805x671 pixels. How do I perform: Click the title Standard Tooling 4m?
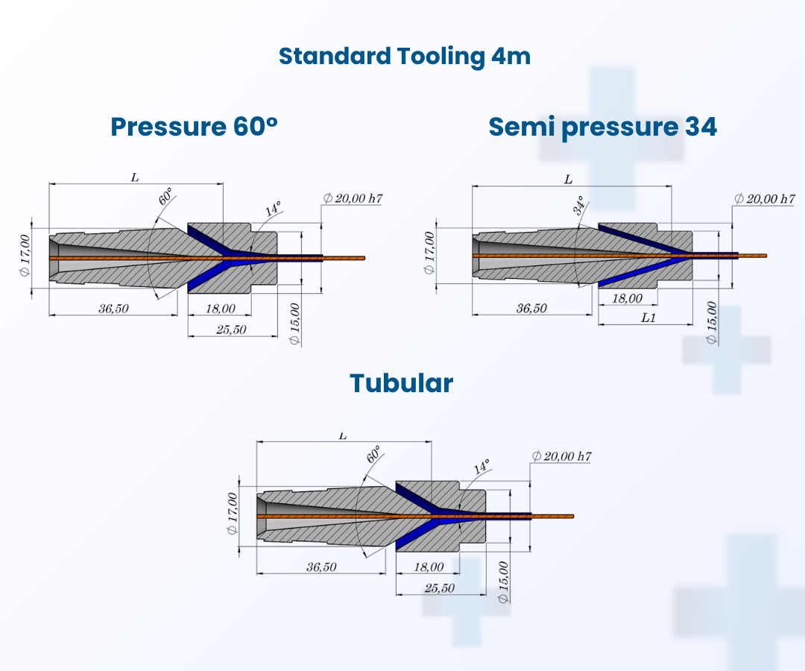pyautogui.click(x=405, y=56)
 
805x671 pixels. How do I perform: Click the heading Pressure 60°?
pyautogui.click(x=194, y=126)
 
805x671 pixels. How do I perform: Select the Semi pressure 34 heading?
pyautogui.click(x=602, y=127)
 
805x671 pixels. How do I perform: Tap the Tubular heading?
pyautogui.click(x=402, y=383)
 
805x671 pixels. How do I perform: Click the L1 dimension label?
pyautogui.click(x=648, y=318)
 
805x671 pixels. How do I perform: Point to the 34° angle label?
pyautogui.click(x=579, y=205)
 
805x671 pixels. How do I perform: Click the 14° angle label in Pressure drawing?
pyautogui.click(x=273, y=209)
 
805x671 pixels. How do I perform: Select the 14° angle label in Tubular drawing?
pyautogui.click(x=482, y=467)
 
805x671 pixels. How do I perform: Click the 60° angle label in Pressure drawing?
pyautogui.click(x=165, y=197)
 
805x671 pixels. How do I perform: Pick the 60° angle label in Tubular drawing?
pyautogui.click(x=373, y=454)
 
